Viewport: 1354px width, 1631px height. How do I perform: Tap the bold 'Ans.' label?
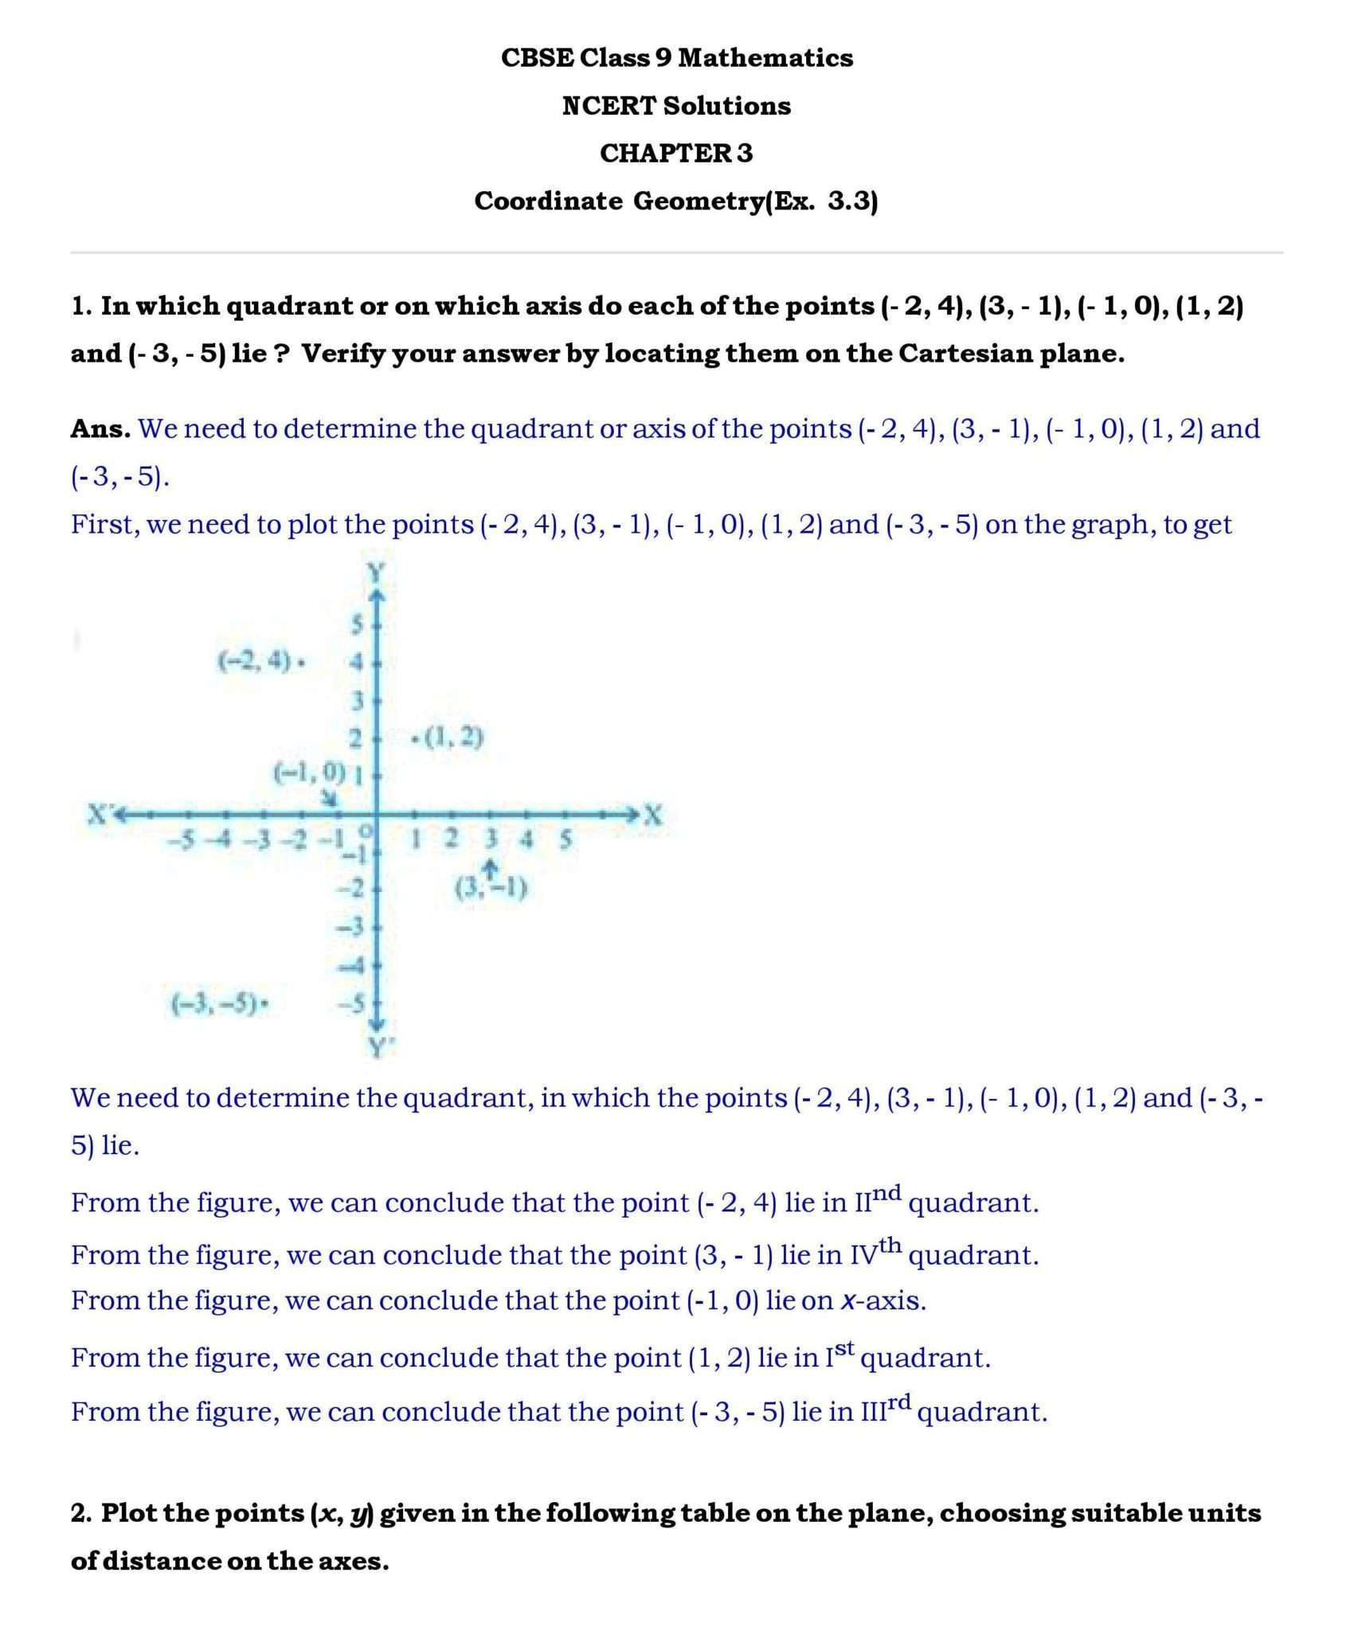tap(100, 429)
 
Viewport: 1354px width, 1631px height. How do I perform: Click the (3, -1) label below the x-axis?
tap(491, 887)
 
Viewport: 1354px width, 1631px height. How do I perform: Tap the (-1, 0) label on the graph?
tap(309, 771)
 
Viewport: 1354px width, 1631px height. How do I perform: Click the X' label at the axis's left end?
tap(100, 814)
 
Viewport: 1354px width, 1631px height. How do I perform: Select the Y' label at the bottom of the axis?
tap(378, 1048)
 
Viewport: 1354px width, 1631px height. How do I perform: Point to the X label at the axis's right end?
tap(654, 814)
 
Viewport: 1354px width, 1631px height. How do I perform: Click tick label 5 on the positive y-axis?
tap(358, 625)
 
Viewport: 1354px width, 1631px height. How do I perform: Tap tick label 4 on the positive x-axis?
tap(526, 839)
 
